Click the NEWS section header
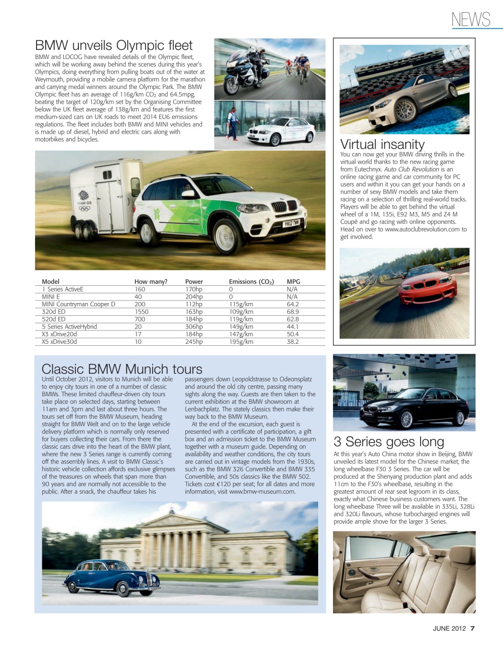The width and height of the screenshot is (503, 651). (470, 19)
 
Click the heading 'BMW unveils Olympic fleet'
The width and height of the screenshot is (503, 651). (114, 46)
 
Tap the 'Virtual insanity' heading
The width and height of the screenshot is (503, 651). (382, 144)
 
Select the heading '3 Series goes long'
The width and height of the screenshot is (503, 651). (388, 441)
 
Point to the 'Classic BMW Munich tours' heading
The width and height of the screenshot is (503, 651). (122, 369)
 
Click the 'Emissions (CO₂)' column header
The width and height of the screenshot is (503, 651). (251, 281)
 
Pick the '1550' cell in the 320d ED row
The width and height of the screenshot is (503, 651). (142, 312)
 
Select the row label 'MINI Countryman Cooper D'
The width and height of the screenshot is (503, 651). (78, 304)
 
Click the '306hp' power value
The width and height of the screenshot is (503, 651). (193, 327)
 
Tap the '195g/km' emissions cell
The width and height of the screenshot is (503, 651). (241, 342)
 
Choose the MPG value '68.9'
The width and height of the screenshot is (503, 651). (293, 312)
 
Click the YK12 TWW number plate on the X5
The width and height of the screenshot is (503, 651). (291, 223)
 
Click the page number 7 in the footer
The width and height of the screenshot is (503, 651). (472, 628)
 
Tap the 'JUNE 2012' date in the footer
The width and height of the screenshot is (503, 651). (449, 628)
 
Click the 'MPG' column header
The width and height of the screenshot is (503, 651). (293, 281)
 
